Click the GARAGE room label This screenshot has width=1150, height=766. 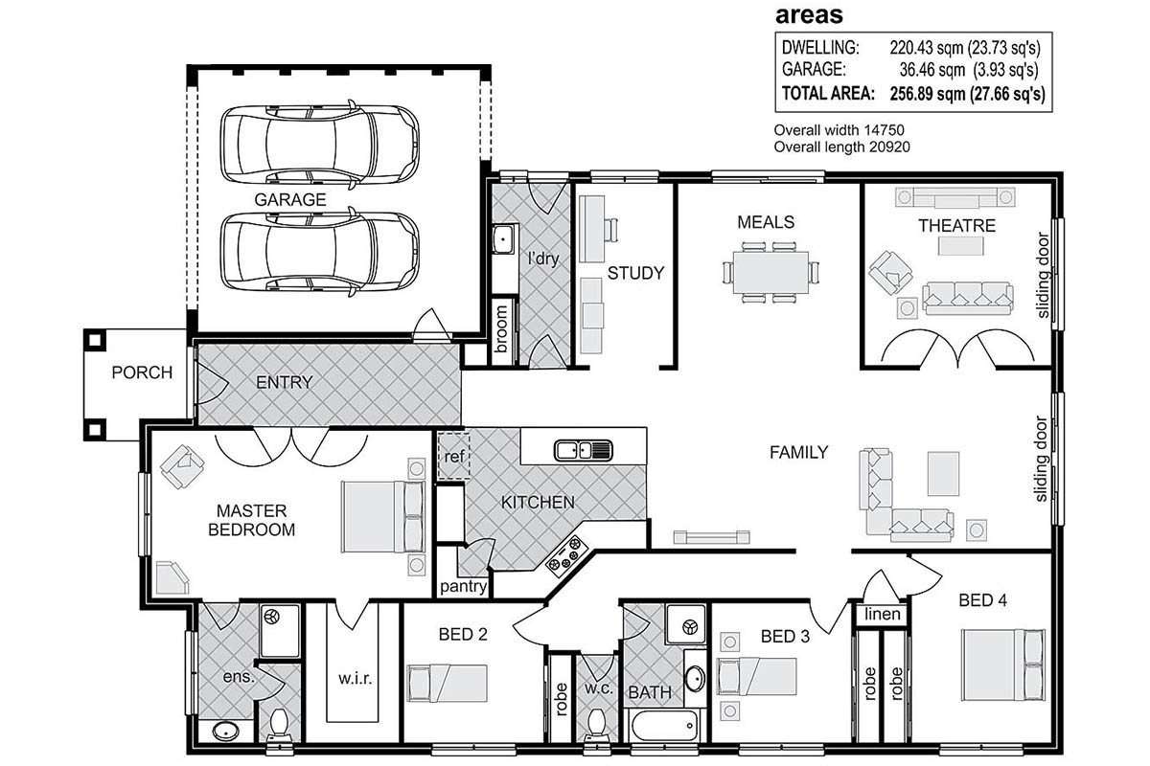pyautogui.click(x=290, y=199)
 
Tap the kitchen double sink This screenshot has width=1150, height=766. pyautogui.click(x=584, y=450)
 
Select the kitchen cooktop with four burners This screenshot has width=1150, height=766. pyautogui.click(x=566, y=556)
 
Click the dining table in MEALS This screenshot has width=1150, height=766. pyautogui.click(x=770, y=273)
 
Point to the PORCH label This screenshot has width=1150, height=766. pyautogui.click(x=142, y=372)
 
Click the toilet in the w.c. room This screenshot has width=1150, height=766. pyautogui.click(x=596, y=725)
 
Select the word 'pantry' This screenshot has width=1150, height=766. pyautogui.click(x=463, y=586)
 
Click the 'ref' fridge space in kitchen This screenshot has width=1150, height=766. pyautogui.click(x=454, y=456)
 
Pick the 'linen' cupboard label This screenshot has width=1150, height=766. pyautogui.click(x=882, y=614)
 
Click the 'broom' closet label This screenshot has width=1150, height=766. pyautogui.click(x=501, y=329)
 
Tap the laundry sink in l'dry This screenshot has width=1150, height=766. pyautogui.click(x=502, y=239)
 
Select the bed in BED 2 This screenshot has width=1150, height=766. pyautogui.click(x=447, y=683)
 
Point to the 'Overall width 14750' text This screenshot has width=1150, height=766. pyautogui.click(x=839, y=130)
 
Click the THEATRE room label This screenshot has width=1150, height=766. pyautogui.click(x=956, y=226)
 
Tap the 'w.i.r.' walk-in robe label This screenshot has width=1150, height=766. pyautogui.click(x=355, y=679)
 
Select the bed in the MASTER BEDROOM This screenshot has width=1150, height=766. pyautogui.click(x=383, y=516)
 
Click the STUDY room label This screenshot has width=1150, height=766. pyautogui.click(x=635, y=273)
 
